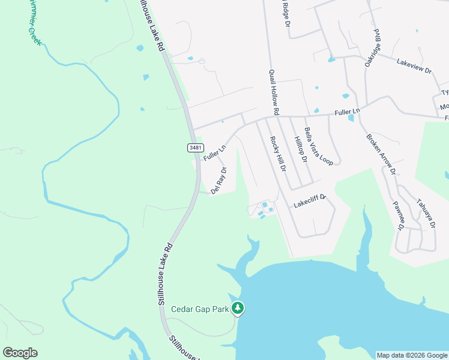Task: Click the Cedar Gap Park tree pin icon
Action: (x=239, y=308)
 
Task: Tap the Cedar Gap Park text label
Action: (x=200, y=310)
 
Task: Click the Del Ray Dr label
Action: (x=218, y=179)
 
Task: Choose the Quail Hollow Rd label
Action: (x=274, y=92)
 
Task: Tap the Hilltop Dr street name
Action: (x=301, y=150)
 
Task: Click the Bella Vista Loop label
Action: (x=318, y=146)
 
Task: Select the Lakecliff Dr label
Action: (x=309, y=201)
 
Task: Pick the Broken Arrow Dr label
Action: (x=381, y=153)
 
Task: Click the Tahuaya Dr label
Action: (x=425, y=214)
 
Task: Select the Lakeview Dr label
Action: (x=414, y=66)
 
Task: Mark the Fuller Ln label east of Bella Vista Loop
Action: (x=347, y=112)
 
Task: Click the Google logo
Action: (x=20, y=353)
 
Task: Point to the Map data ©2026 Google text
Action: (x=412, y=355)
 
